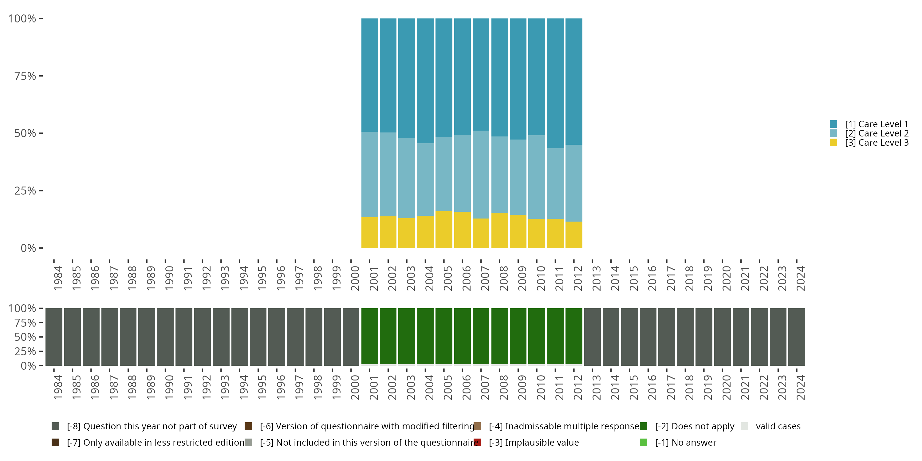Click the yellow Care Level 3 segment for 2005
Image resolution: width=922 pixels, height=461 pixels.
444,230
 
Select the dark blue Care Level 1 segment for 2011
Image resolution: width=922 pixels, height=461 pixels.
555,83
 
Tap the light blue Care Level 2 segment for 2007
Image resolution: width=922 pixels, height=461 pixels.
481,174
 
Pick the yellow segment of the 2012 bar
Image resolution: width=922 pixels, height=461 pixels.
574,234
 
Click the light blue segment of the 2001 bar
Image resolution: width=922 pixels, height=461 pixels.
369,174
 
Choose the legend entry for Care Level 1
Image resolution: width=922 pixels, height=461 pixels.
877,124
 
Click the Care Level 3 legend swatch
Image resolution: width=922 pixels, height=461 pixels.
833,143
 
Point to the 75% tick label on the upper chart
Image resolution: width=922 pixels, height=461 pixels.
25,76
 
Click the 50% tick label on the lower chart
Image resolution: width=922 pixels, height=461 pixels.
25,337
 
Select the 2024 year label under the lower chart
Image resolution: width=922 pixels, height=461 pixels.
801,387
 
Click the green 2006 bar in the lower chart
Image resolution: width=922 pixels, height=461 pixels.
463,337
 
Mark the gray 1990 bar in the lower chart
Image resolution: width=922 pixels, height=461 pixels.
165,337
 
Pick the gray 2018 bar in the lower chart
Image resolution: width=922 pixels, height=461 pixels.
685,337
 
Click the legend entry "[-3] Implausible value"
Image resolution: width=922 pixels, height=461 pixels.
534,442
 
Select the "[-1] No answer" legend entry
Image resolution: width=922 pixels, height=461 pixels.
685,442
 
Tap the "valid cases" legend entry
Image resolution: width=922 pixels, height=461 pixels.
778,426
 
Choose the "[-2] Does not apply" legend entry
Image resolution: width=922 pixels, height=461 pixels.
694,426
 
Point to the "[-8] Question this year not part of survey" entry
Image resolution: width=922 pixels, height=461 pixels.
152,426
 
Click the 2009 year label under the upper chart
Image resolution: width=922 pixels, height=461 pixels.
522,278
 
